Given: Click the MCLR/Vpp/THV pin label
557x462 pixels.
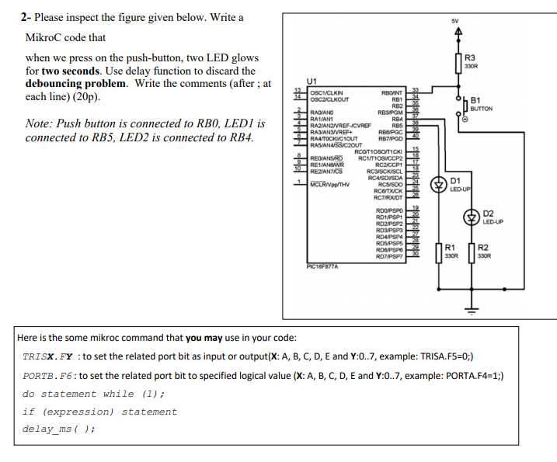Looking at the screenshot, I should (330, 184).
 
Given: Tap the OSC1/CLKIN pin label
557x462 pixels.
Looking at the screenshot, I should (327, 91).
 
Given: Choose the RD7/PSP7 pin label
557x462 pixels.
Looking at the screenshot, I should (388, 255).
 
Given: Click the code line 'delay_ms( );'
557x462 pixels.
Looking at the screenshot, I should (58, 429).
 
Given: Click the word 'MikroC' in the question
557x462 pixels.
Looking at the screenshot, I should (50, 37).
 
